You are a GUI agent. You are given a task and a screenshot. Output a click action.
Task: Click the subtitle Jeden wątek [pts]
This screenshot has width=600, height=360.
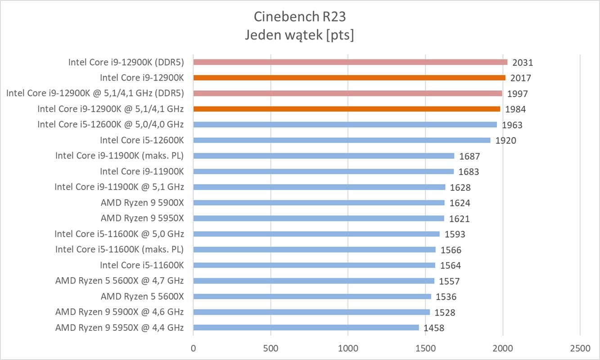point(299,35)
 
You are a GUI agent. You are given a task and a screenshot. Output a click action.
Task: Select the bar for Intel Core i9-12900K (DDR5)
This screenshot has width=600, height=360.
point(350,62)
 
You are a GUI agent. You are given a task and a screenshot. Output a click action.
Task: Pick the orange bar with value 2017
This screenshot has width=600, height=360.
point(349,78)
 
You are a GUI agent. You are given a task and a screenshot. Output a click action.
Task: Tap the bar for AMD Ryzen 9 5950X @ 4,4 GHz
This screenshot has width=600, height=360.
point(306,328)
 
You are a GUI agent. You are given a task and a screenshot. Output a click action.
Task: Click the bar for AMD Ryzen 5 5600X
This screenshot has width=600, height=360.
point(312,297)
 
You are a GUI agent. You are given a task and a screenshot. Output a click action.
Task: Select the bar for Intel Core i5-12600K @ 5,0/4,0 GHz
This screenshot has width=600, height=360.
point(345,125)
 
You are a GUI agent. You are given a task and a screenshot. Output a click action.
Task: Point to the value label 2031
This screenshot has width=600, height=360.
point(523,63)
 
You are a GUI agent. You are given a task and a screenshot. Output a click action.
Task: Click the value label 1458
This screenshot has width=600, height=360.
point(434,328)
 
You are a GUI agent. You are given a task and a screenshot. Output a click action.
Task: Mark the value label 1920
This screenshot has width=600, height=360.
point(506,140)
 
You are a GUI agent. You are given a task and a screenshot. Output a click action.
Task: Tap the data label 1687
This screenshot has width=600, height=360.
point(469,157)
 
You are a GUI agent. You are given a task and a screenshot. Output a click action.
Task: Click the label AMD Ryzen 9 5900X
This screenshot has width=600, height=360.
point(142,202)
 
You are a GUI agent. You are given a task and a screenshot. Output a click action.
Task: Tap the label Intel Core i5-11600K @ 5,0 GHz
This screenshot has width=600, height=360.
point(119,234)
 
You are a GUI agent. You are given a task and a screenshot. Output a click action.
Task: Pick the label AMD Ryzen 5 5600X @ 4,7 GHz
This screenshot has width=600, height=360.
point(119,281)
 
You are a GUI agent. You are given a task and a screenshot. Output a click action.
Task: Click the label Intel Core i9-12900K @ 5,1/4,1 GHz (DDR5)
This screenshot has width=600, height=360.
point(95,93)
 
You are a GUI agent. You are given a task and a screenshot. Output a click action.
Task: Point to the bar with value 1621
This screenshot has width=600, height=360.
point(319,218)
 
